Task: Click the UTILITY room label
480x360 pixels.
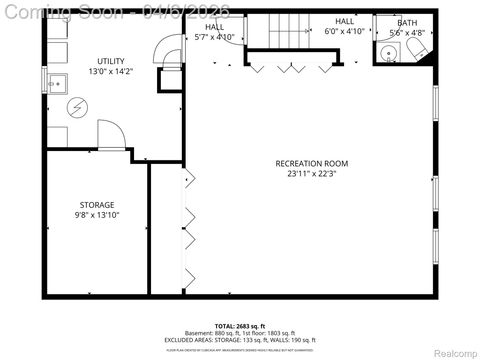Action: [111, 62]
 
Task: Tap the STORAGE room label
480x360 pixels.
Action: [97, 204]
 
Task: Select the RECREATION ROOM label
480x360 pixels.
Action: [312, 163]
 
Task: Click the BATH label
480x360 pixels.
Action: [407, 22]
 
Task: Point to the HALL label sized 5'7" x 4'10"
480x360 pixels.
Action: [215, 27]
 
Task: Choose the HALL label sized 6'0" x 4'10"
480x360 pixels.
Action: [345, 21]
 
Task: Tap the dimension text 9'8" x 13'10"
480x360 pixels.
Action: [97, 215]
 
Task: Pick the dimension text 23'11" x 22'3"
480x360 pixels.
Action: [312, 173]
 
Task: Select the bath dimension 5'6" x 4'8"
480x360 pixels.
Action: [407, 32]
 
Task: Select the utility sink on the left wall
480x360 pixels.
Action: [55, 82]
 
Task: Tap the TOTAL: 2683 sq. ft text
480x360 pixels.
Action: [239, 326]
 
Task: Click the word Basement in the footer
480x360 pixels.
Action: [198, 333]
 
